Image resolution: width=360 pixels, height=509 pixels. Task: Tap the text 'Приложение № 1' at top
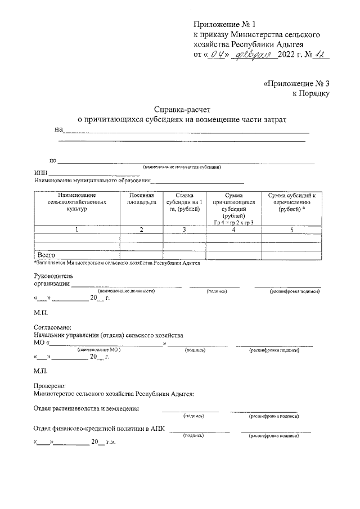tap(224, 24)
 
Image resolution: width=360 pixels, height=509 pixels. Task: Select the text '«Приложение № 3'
tap(296, 83)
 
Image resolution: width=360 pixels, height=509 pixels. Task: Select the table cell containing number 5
tap(291, 230)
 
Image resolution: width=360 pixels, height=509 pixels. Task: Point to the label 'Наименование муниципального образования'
tap(93, 181)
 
